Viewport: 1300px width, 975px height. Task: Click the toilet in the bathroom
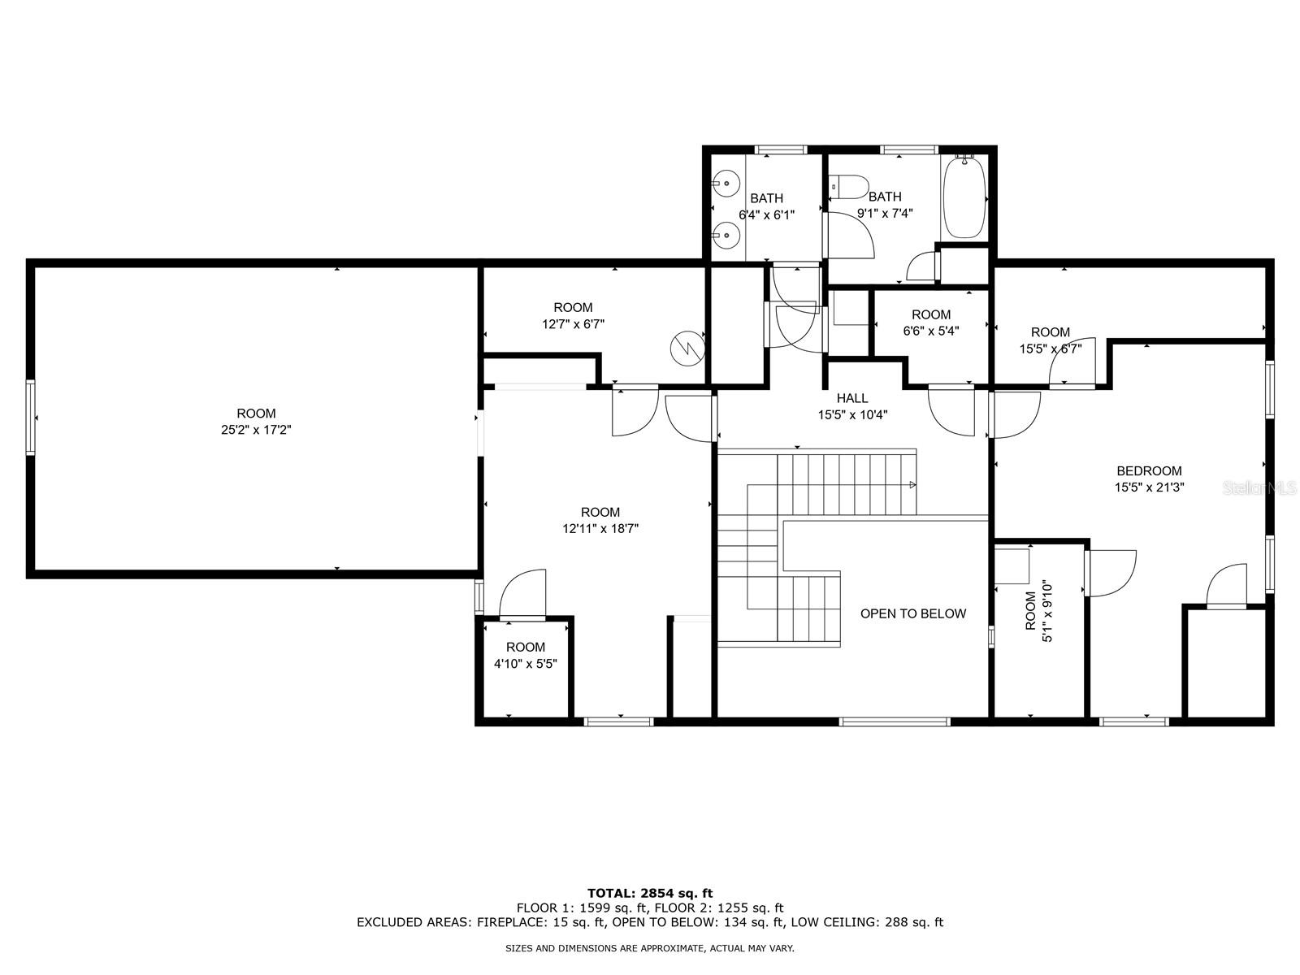pos(848,187)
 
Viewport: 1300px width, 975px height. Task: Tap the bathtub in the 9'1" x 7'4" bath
pos(964,197)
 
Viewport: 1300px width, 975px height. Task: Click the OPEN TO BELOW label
pos(912,614)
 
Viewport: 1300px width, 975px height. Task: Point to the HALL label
pos(852,398)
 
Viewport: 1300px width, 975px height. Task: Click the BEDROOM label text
pos(1149,470)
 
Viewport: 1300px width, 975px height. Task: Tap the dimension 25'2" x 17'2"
pos(256,430)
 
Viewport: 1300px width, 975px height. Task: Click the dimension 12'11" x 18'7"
pos(600,528)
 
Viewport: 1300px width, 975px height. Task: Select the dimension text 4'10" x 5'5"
pos(526,664)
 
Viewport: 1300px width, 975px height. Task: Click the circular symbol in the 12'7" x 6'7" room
pos(687,348)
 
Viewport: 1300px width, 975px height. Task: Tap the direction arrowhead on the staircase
pos(912,485)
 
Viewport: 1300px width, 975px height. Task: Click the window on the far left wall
pos(30,418)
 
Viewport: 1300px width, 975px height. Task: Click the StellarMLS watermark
pos(1259,488)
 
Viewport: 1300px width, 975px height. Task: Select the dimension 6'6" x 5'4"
pos(931,331)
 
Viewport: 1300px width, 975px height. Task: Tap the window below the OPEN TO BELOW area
pos(895,721)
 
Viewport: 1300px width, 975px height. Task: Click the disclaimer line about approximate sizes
pos(650,948)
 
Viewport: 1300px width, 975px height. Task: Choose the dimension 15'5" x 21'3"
pos(1149,487)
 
